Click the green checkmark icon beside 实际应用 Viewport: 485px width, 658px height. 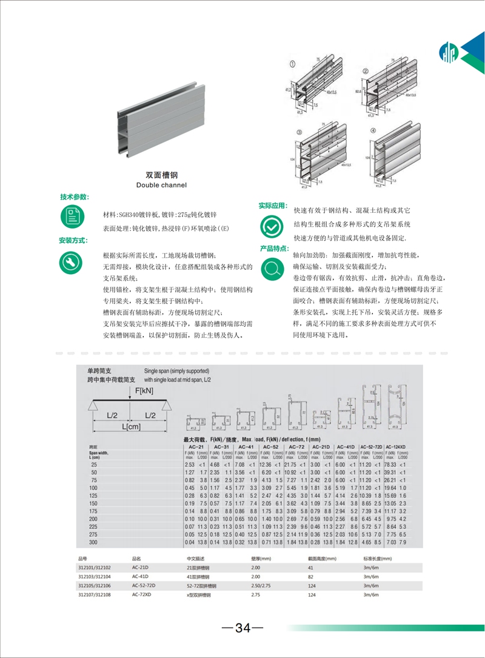point(271,226)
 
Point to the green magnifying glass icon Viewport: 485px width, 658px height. point(271,267)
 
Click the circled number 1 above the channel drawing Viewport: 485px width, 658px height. point(292,65)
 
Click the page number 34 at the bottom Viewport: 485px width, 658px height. point(242,628)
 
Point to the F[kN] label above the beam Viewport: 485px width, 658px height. point(144,391)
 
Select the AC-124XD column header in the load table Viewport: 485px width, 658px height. point(398,446)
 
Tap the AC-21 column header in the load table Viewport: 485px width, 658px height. point(195,446)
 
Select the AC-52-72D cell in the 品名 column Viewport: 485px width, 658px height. point(144,586)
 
